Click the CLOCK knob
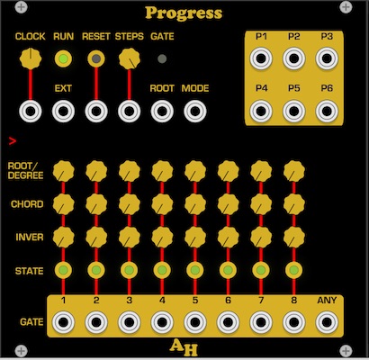click(x=31, y=58)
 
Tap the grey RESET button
click(x=96, y=58)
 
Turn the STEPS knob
click(x=130, y=58)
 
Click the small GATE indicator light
click(x=162, y=58)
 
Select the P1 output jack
click(x=261, y=58)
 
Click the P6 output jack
click(x=327, y=111)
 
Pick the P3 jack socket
click(x=327, y=58)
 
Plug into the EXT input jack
click(x=63, y=112)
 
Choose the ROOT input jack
click(x=162, y=112)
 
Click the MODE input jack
click(x=195, y=112)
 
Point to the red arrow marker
click(x=13, y=140)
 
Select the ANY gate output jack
click(x=327, y=322)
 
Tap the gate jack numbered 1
click(x=63, y=322)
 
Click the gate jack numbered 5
click(x=195, y=322)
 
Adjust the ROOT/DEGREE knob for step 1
click(x=63, y=171)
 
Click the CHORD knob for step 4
click(x=162, y=204)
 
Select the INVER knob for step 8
click(x=294, y=238)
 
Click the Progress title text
click(x=184, y=13)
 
